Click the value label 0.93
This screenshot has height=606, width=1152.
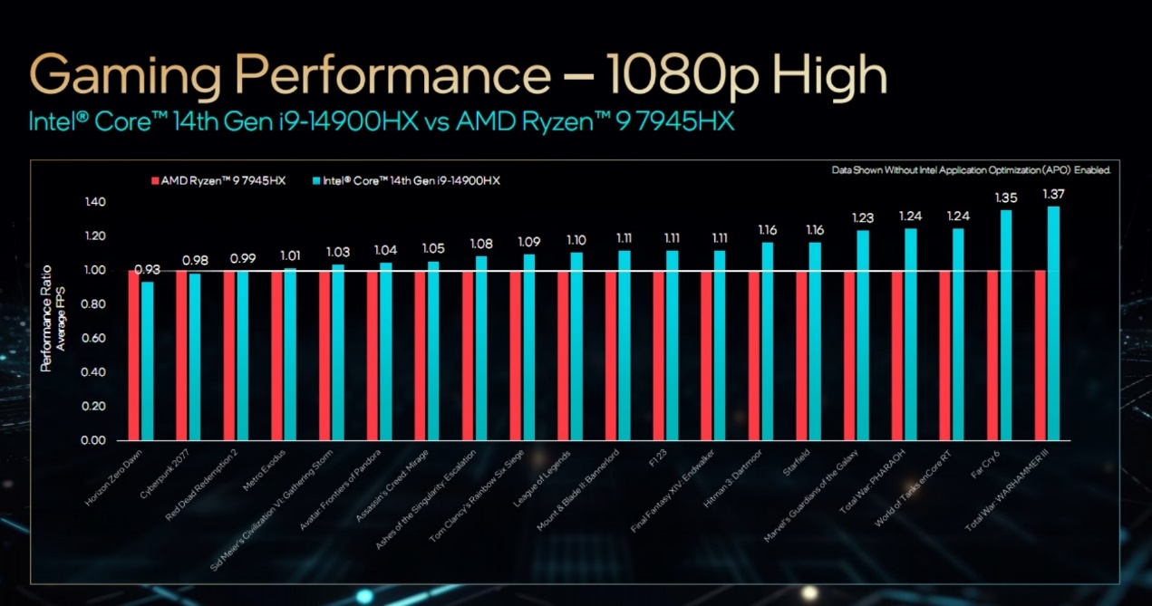pos(147,269)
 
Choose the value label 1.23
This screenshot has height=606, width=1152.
pos(862,217)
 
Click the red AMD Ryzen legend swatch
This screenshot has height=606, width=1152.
pos(155,181)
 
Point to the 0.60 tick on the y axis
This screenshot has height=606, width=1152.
pos(94,338)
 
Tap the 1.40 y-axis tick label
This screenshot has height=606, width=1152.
pos(94,202)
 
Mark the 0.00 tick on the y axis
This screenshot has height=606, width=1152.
pos(94,440)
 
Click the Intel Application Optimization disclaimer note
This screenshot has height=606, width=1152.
pos(970,169)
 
